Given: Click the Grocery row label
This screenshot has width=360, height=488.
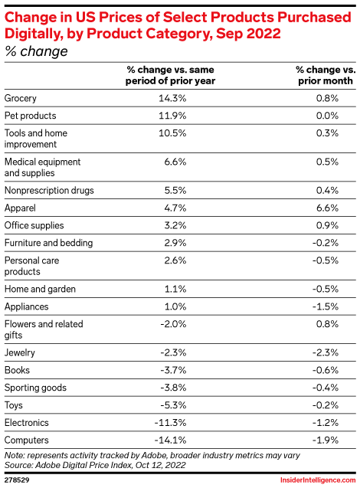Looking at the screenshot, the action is click(x=20, y=98).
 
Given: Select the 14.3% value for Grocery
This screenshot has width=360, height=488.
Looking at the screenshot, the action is click(x=172, y=98).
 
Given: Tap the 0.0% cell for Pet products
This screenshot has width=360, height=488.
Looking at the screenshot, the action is click(x=327, y=116).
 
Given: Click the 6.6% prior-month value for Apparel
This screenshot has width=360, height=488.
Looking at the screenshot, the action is click(x=327, y=208).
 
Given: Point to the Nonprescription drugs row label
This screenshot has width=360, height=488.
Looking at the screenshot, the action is click(x=49, y=191).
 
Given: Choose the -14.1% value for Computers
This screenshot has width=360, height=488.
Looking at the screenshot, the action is click(x=170, y=440).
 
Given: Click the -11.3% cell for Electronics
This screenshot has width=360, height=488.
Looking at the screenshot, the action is click(x=170, y=423).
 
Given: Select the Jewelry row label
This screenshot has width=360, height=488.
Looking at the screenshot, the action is click(x=20, y=352).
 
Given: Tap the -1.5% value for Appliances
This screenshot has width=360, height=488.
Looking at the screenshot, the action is click(x=326, y=306).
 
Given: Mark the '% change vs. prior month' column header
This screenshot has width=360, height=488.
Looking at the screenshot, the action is click(x=326, y=75).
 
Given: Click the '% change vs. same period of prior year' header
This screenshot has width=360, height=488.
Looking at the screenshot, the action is click(x=170, y=75).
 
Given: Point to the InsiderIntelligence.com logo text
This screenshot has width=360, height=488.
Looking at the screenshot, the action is click(x=318, y=480).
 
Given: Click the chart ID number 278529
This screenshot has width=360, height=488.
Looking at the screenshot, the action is click(x=17, y=480).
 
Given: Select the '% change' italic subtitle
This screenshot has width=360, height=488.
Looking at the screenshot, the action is click(x=36, y=51).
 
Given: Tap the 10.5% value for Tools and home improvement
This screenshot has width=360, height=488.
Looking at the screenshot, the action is click(x=172, y=133).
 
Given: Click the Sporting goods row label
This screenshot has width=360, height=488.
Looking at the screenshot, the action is click(x=35, y=388).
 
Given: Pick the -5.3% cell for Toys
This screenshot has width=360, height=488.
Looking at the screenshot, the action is click(x=173, y=405).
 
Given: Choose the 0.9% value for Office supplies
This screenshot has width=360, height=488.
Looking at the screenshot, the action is click(x=327, y=225).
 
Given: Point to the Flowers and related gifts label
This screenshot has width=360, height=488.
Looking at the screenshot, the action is click(x=44, y=329).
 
